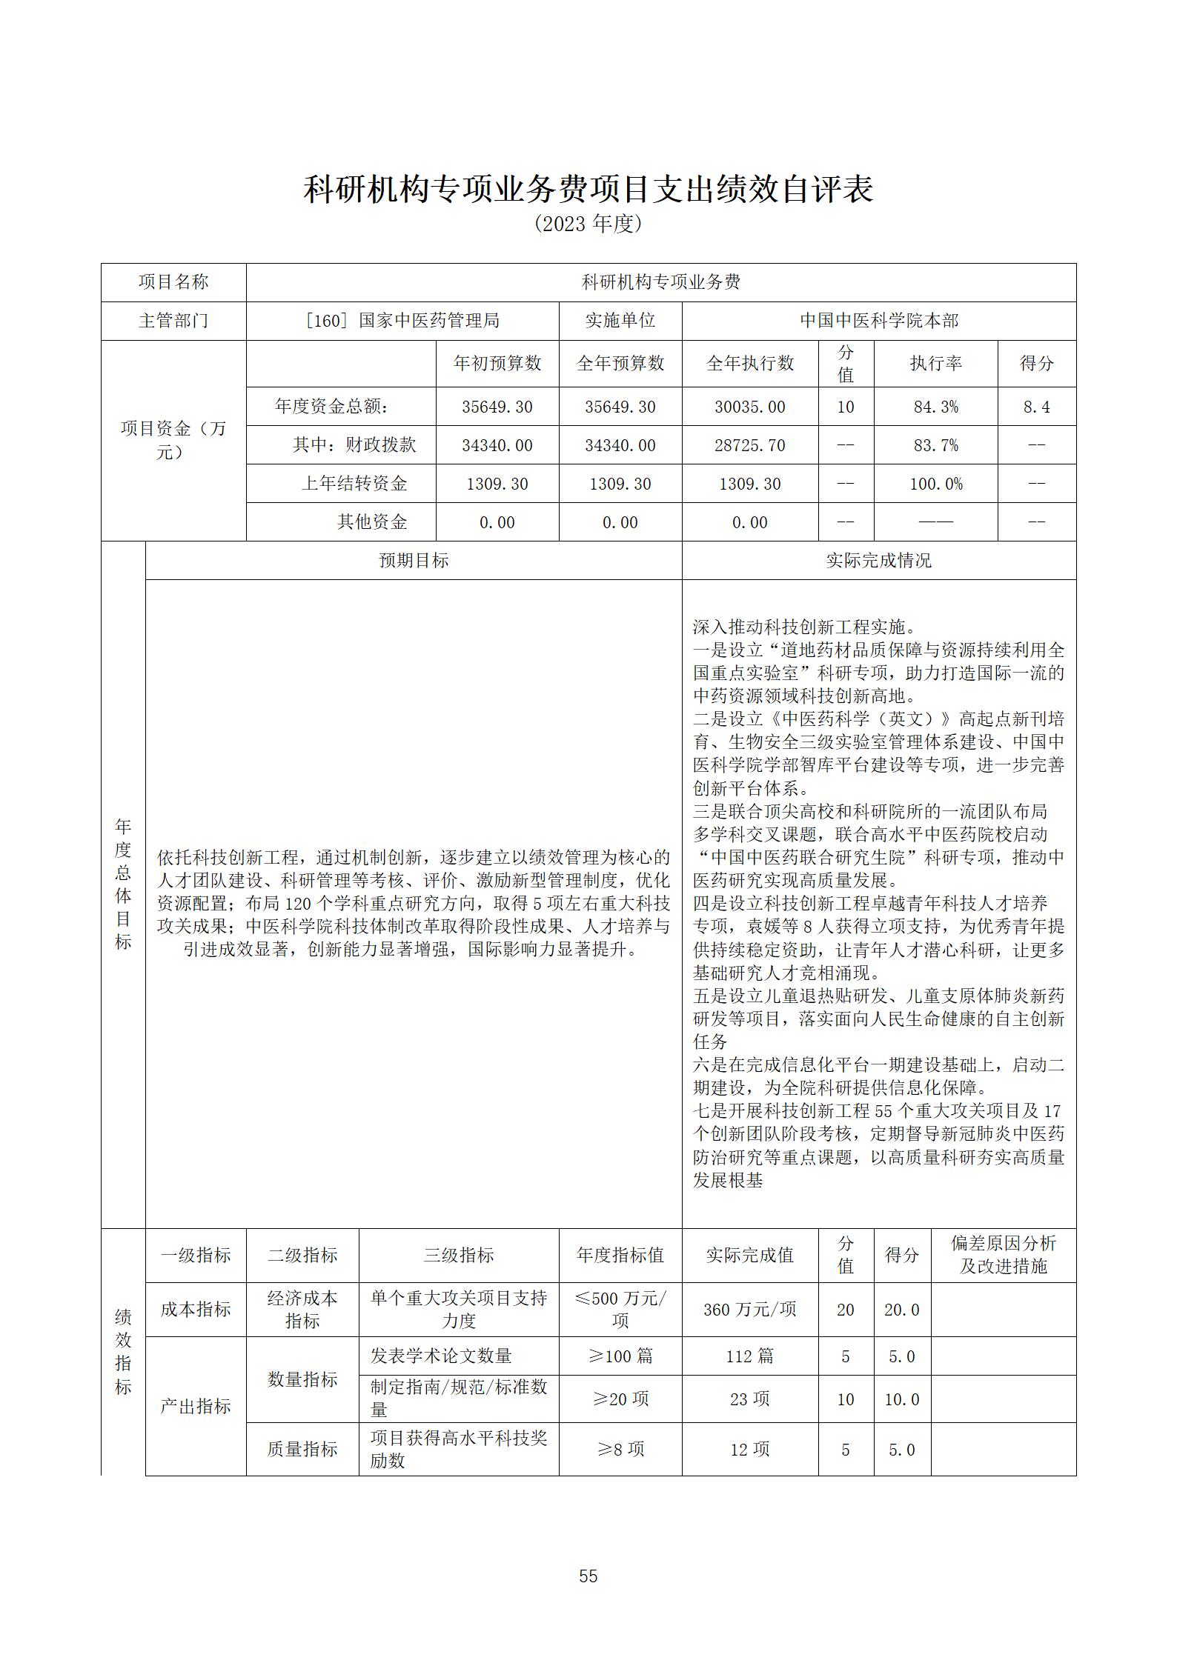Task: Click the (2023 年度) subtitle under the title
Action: (x=588, y=224)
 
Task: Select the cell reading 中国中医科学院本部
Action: (x=878, y=321)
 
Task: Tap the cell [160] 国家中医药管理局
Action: (x=402, y=321)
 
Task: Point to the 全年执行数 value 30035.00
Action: (x=749, y=407)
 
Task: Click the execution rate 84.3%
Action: (x=935, y=407)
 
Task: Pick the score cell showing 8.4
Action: (x=1036, y=407)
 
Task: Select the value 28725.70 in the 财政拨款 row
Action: (x=749, y=445)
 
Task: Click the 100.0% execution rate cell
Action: (x=935, y=484)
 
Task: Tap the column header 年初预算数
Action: (x=497, y=363)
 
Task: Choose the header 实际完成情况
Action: (x=878, y=560)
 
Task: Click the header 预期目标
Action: (x=414, y=560)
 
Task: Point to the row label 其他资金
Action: (x=372, y=521)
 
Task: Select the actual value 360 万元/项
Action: (x=749, y=1309)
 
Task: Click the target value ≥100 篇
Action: (x=620, y=1356)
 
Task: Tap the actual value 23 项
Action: (x=749, y=1399)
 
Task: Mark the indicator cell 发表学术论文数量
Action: (x=442, y=1356)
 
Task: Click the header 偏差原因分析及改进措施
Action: (x=1003, y=1254)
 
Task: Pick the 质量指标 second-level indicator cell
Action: (x=302, y=1449)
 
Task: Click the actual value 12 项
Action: (x=749, y=1449)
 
